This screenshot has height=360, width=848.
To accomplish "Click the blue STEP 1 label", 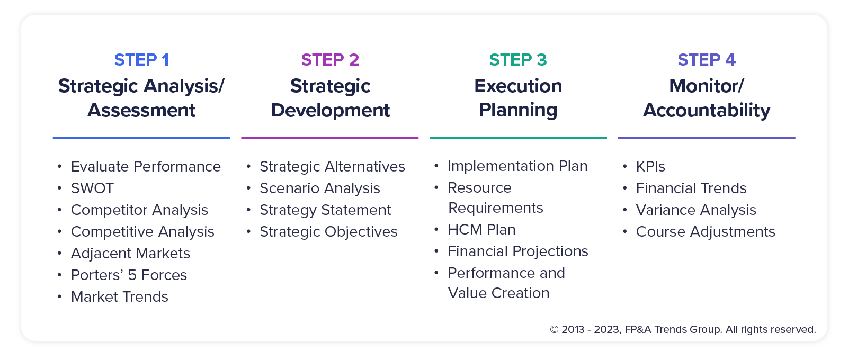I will pyautogui.click(x=141, y=60).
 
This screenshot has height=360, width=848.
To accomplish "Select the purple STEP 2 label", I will pyautogui.click(x=330, y=60).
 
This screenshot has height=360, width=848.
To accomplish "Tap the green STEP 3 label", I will pyautogui.click(x=518, y=60).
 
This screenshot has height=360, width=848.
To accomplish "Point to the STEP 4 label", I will pyautogui.click(x=707, y=60).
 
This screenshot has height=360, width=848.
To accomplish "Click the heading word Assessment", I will pyautogui.click(x=141, y=110).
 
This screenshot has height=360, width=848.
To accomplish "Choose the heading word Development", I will pyautogui.click(x=330, y=110).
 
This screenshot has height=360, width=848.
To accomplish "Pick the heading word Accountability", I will pyautogui.click(x=707, y=110).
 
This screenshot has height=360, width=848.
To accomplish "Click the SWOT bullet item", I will pyautogui.click(x=92, y=188).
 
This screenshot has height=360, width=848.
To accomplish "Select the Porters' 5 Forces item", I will pyautogui.click(x=129, y=275).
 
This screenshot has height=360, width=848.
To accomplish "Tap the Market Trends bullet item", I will pyautogui.click(x=120, y=297).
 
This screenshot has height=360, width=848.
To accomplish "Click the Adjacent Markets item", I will pyautogui.click(x=130, y=254).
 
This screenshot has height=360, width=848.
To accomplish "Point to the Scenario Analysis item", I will pyautogui.click(x=320, y=188).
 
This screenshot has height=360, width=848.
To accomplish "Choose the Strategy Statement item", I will pyautogui.click(x=325, y=210).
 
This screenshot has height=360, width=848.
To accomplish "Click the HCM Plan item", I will pyautogui.click(x=481, y=230).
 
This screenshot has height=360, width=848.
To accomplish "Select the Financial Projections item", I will pyautogui.click(x=518, y=251).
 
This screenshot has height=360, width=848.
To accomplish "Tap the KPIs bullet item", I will pyautogui.click(x=650, y=167).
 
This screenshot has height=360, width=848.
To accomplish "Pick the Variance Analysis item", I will pyautogui.click(x=696, y=210).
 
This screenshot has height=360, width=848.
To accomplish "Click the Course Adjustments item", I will pyautogui.click(x=706, y=232).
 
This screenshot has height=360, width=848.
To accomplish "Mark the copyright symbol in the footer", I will pyautogui.click(x=555, y=330).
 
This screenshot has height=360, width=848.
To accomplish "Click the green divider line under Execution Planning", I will pyautogui.click(x=518, y=138).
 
